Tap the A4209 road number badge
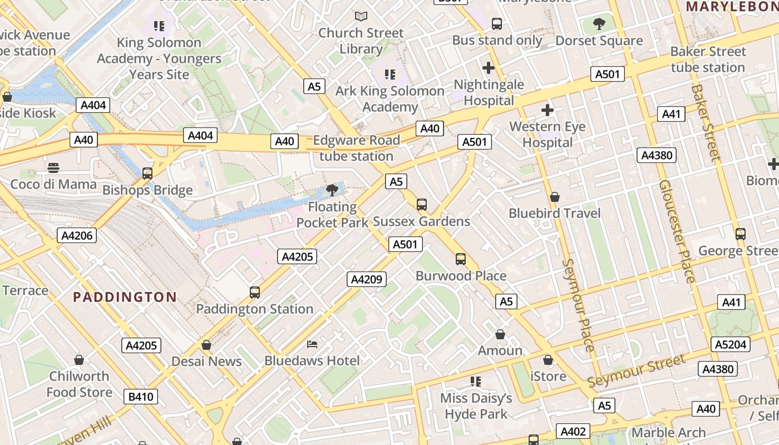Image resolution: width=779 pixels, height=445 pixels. (367, 279)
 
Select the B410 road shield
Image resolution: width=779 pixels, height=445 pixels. (142, 397)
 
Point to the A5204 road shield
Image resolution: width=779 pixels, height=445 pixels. (731, 344)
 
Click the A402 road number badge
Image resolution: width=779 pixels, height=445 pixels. (573, 431)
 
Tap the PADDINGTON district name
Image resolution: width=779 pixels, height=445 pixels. (125, 297)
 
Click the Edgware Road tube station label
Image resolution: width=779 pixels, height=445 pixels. (356, 149)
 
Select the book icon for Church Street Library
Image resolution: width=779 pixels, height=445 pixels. (361, 17)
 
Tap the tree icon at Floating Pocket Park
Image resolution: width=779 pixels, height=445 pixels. (332, 190)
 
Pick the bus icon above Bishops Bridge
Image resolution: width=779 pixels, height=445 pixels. (147, 174)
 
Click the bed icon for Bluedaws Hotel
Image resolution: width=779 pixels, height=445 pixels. (312, 345)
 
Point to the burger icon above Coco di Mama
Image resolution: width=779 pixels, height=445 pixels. (53, 167)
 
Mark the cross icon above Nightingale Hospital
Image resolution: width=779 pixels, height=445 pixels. (489, 68)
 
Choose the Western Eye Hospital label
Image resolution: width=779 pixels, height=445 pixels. (548, 135)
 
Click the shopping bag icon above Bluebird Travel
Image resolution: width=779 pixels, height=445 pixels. (554, 197)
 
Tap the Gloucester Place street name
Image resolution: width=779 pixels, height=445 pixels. (677, 231)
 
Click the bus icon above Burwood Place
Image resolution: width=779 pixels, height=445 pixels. (461, 259)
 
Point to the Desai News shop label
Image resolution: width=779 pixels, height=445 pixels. (206, 361)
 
